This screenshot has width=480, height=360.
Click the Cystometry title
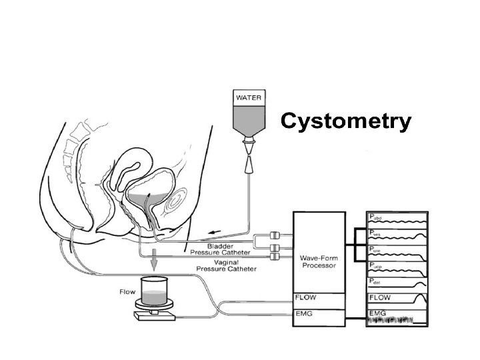[x=345, y=121]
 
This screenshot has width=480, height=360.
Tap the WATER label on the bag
[x=247, y=97]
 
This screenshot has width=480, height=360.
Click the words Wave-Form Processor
[x=319, y=261]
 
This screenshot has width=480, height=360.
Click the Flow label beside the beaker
[x=127, y=291]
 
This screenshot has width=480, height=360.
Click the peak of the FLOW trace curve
[x=420, y=295]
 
